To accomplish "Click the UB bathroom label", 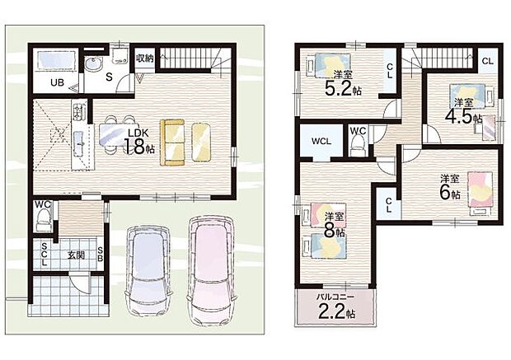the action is pos(57,82).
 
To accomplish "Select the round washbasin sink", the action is pos(93,64).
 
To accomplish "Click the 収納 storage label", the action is pos(144,58).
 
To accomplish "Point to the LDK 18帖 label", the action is pos(138,142).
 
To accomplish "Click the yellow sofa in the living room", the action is pos(172,142).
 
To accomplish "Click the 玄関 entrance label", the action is pos(76,255).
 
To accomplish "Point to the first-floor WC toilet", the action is pos(44,220).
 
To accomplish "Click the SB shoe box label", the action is pos(101,255).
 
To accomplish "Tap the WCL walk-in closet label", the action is pos(321,142).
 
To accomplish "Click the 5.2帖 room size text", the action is pos(343,87).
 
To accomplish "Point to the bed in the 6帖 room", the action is pos(481,194).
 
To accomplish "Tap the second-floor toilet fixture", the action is pos(359,145).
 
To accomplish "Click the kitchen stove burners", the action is pos(78,111).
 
